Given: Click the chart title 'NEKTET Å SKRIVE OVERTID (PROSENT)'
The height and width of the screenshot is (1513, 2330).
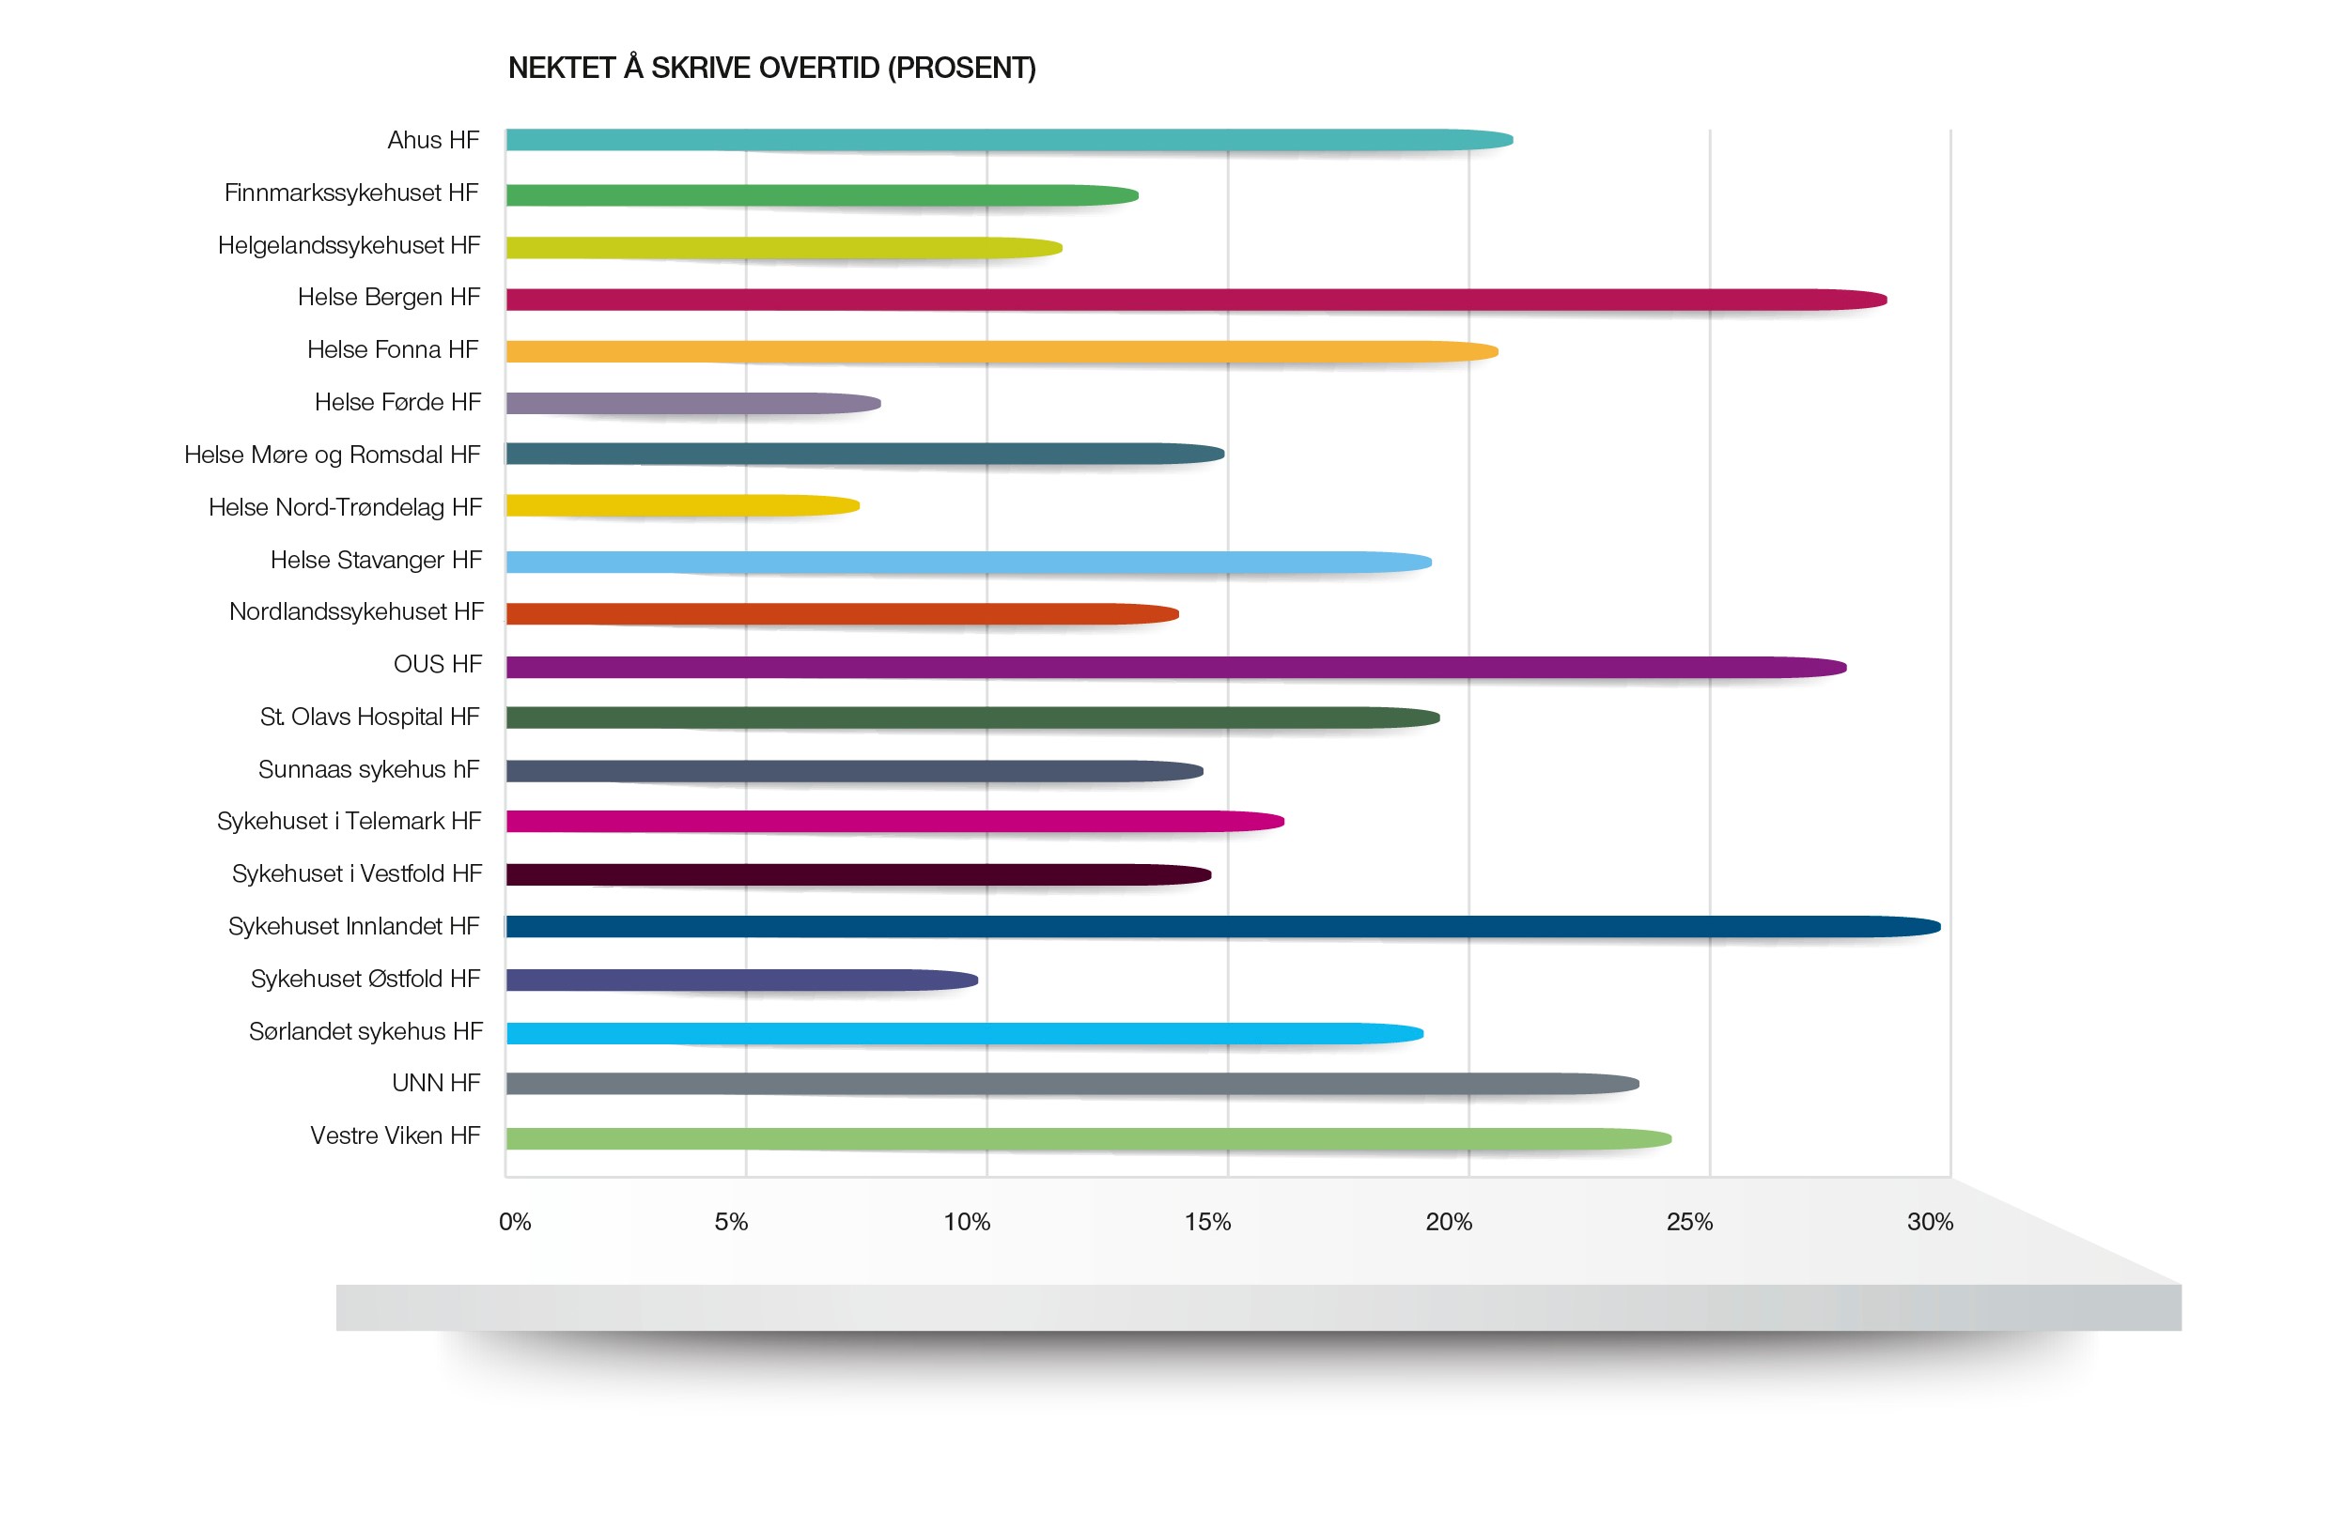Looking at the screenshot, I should [x=771, y=68].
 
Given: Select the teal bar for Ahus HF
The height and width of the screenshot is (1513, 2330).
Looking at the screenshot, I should [x=1008, y=140].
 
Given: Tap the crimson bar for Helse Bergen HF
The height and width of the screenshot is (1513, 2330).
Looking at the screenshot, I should [x=1194, y=300].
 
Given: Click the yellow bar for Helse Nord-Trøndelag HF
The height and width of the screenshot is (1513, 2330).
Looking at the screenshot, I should [x=682, y=506].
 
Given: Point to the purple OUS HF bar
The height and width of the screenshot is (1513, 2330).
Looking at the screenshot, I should [x=1174, y=668].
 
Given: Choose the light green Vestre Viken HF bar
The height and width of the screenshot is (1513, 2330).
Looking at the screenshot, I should [x=1087, y=1138].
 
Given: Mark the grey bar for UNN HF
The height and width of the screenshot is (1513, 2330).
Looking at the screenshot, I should [x=1072, y=1084].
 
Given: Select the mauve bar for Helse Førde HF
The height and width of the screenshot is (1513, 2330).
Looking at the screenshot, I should [x=693, y=402].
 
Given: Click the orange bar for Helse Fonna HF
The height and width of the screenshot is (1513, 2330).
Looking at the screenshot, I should [x=1001, y=351].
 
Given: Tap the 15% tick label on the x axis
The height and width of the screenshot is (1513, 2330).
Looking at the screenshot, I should [x=1207, y=1221].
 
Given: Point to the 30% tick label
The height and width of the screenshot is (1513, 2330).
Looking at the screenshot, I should [x=1929, y=1221].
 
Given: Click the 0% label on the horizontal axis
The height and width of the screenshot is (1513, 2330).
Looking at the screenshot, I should [x=515, y=1221].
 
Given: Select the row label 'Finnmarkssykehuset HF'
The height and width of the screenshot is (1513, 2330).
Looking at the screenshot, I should [x=351, y=193].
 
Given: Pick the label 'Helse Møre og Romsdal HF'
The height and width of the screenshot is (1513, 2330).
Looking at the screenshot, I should [x=332, y=455].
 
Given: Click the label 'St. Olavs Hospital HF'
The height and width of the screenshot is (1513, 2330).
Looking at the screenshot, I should [x=369, y=718].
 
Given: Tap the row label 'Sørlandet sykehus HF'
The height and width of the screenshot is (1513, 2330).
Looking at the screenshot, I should [x=365, y=1031].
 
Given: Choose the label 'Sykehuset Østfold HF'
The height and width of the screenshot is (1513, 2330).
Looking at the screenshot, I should [x=365, y=979].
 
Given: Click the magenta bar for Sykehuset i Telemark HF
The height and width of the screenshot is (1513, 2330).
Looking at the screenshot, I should [x=893, y=821].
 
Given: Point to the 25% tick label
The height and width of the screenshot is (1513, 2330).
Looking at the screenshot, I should [x=1688, y=1221].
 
